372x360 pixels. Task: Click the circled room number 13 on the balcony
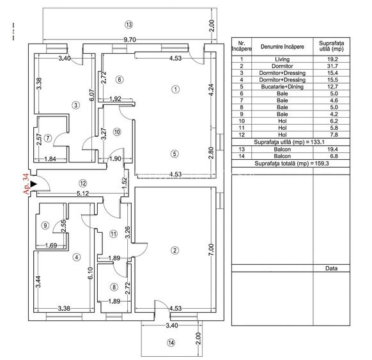coord(129,25)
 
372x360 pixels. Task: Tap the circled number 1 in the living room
coord(175,90)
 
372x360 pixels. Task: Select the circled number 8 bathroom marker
coord(114,287)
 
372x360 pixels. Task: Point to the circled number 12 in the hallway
coord(83,184)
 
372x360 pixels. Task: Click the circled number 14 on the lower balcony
coord(171,343)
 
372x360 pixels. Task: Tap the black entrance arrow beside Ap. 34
coord(34,184)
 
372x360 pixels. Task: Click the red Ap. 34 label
coord(26,184)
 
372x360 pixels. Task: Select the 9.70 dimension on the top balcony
coord(130,40)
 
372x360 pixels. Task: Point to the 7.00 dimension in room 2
coord(211,249)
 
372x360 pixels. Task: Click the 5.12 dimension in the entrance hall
coord(82,193)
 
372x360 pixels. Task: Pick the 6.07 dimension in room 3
coord(92,95)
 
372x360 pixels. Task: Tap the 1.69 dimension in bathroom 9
coord(51,246)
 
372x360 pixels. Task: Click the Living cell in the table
coord(282,59)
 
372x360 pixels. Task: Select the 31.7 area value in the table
coord(332,66)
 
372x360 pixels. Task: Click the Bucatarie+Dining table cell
coord(282,86)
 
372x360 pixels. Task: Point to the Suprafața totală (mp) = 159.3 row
coord(291,163)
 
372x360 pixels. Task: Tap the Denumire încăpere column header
coord(282,47)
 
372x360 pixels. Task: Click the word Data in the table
coord(331,268)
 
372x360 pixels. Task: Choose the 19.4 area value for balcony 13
coord(332,149)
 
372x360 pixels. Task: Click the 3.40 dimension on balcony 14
coord(172,325)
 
